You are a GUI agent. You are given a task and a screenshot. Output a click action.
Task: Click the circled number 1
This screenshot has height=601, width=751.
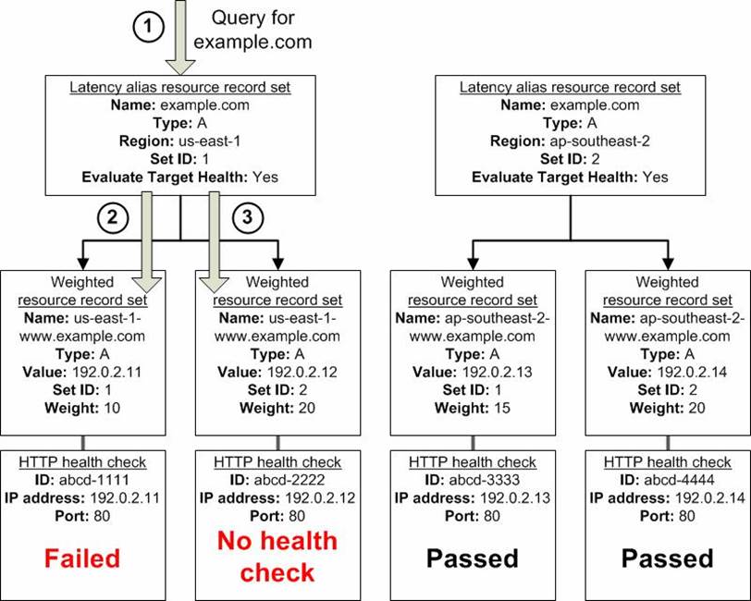point(148,27)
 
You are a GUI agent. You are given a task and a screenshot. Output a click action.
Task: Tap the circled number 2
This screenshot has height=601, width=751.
point(113,218)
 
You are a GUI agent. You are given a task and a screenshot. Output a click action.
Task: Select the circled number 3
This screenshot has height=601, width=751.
point(247,218)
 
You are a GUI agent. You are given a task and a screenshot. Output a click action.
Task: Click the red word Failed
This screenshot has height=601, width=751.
point(82,558)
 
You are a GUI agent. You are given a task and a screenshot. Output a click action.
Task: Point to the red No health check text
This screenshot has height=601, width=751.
point(277,557)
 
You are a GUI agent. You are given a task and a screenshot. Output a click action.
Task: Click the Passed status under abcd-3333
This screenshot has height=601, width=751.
point(473,558)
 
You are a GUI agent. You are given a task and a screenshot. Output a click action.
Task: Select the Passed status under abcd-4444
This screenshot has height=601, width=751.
point(668,558)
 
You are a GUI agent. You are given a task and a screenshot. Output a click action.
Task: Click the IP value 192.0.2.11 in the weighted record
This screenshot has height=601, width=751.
point(106,372)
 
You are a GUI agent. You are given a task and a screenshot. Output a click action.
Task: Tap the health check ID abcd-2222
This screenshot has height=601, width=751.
point(289,480)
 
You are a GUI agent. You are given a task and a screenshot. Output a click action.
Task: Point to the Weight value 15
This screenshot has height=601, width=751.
point(500,408)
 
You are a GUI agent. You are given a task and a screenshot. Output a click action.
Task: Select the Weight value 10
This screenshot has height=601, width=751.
point(110,408)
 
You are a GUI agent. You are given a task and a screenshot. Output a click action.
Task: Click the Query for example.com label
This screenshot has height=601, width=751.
point(252,30)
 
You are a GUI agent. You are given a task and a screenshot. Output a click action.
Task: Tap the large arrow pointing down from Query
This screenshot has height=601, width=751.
point(180,37)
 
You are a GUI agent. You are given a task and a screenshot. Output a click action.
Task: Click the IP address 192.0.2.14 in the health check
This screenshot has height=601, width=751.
point(710,498)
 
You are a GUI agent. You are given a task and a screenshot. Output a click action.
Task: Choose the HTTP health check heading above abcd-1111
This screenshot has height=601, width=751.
point(82,462)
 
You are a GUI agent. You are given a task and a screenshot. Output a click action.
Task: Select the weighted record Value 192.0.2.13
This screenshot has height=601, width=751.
point(498,372)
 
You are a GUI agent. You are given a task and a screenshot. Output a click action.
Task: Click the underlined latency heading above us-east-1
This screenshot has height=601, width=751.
point(180,87)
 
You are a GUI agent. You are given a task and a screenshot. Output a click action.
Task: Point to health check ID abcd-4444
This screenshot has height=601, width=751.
point(679,480)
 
